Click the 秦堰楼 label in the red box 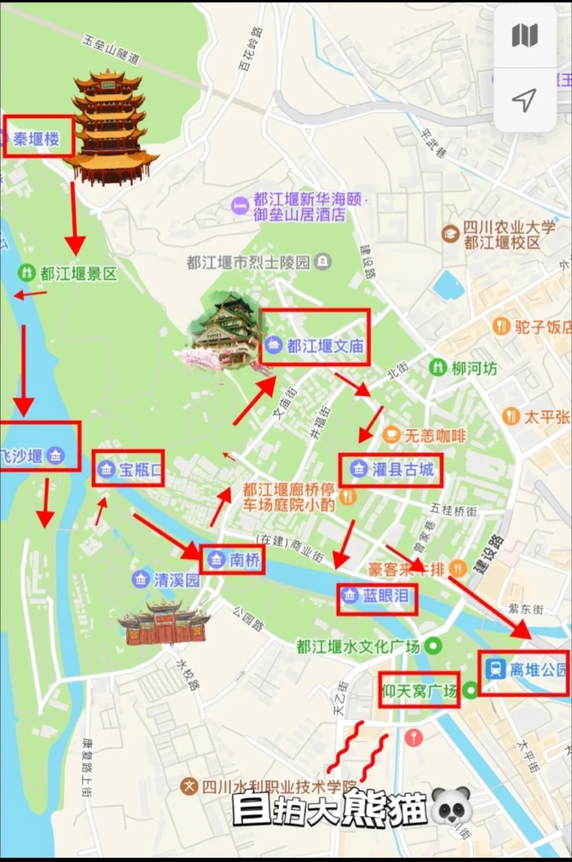(x=36, y=139)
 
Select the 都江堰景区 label (x=78, y=274)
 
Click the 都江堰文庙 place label (x=325, y=346)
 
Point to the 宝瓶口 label (x=140, y=469)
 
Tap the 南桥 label (x=245, y=559)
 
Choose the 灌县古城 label (x=403, y=469)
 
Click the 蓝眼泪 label (x=385, y=596)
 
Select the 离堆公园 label (x=537, y=669)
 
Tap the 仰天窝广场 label (x=419, y=691)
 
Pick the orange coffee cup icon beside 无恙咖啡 (x=391, y=435)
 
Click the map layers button (x=525, y=36)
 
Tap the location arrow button (x=524, y=99)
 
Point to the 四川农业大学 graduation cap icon (x=450, y=233)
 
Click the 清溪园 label (x=176, y=580)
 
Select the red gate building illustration (x=163, y=623)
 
